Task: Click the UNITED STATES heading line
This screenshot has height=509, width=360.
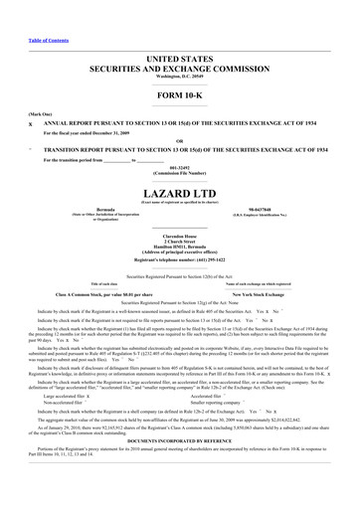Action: (x=179, y=61)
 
